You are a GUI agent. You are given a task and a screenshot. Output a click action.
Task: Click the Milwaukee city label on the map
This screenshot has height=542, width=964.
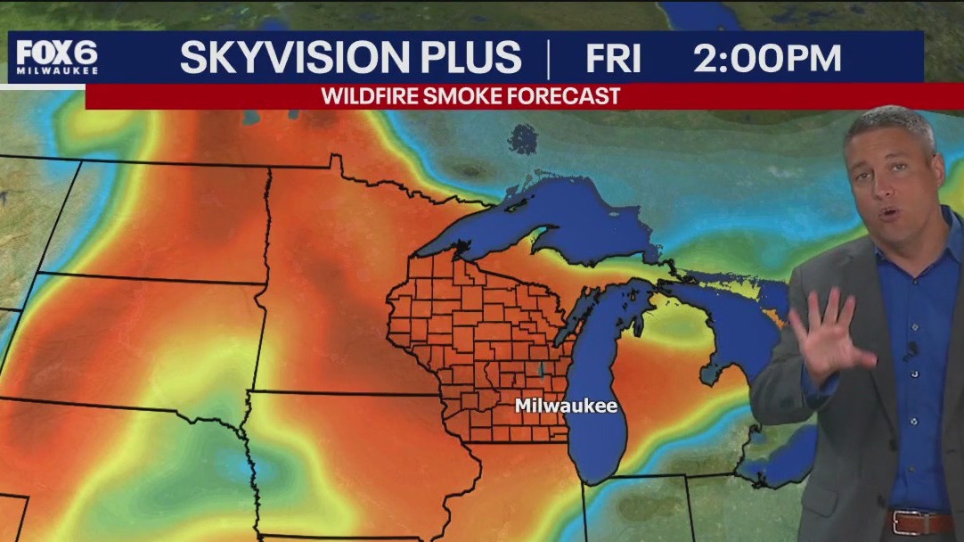(566, 406)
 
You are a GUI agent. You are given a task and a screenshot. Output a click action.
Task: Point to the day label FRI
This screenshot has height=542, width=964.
(613, 58)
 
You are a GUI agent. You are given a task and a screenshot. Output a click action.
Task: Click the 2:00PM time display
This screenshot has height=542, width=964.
(767, 58)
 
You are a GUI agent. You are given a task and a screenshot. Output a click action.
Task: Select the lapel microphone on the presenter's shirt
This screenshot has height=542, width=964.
(911, 349)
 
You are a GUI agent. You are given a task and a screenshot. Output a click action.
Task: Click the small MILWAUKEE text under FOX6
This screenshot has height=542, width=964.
(56, 71)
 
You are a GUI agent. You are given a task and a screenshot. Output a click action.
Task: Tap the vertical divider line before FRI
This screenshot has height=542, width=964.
(548, 58)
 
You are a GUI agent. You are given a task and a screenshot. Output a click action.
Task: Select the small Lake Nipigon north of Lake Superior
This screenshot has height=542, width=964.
(523, 138)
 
